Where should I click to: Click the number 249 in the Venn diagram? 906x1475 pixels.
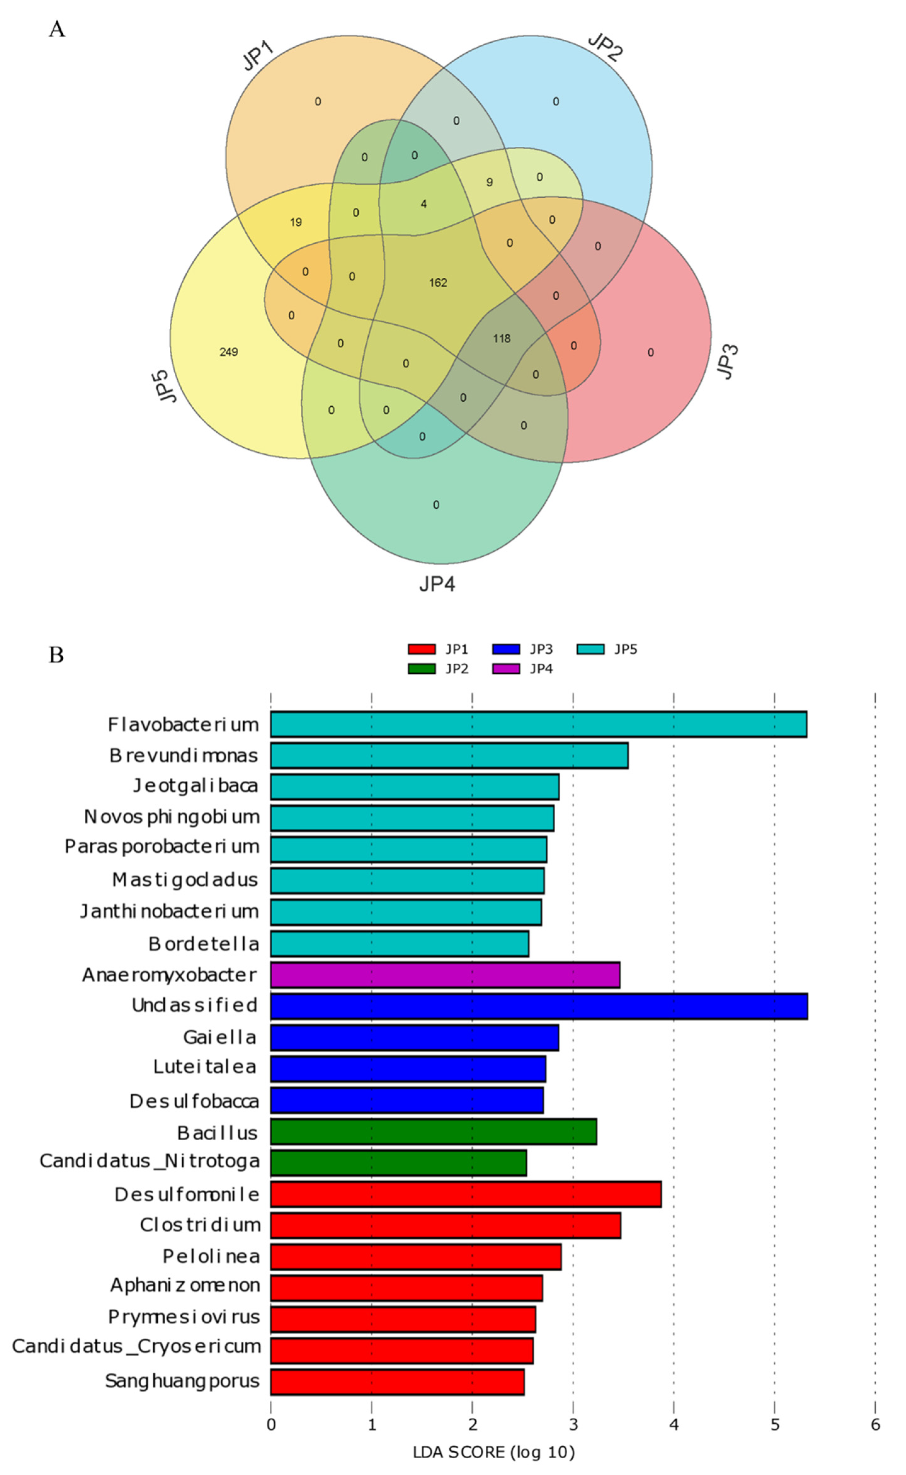click(228, 352)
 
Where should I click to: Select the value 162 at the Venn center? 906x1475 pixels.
click(438, 283)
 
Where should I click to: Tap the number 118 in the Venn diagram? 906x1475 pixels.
click(501, 338)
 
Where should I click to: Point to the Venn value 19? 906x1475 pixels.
click(296, 222)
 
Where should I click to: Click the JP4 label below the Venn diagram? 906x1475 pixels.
click(437, 583)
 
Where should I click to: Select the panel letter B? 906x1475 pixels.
click(56, 655)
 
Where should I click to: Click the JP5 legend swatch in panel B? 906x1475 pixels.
click(590, 649)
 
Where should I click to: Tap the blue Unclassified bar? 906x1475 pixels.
click(539, 1006)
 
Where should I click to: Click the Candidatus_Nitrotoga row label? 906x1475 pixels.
click(150, 1161)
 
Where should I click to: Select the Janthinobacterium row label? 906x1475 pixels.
click(170, 911)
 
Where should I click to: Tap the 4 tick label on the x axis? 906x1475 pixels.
click(674, 1424)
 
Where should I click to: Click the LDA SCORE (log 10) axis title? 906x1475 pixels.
click(494, 1452)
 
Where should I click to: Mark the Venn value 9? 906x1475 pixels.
click(490, 182)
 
